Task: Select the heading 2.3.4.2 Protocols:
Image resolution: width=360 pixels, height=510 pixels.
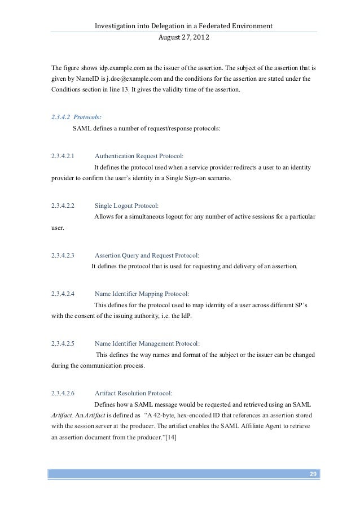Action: [70, 118]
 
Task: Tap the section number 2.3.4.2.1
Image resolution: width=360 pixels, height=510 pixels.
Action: [63, 156]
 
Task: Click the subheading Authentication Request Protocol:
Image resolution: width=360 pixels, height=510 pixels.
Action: [139, 156]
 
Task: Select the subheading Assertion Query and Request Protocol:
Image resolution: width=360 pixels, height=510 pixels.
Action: [147, 255]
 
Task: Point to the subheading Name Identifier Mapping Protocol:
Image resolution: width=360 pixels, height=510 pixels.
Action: [142, 294]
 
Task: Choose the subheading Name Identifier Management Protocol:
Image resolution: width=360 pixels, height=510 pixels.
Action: [147, 343]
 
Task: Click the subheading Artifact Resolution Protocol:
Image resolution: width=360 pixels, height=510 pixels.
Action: [133, 393]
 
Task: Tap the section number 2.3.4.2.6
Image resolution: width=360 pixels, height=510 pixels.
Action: [63, 393]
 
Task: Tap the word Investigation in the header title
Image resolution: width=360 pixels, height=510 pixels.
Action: [113, 26]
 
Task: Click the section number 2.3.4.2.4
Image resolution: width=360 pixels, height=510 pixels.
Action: [63, 294]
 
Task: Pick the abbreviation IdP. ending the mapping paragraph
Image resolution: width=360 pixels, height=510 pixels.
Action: [184, 315]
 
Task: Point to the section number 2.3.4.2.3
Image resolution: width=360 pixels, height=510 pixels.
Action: [63, 255]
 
